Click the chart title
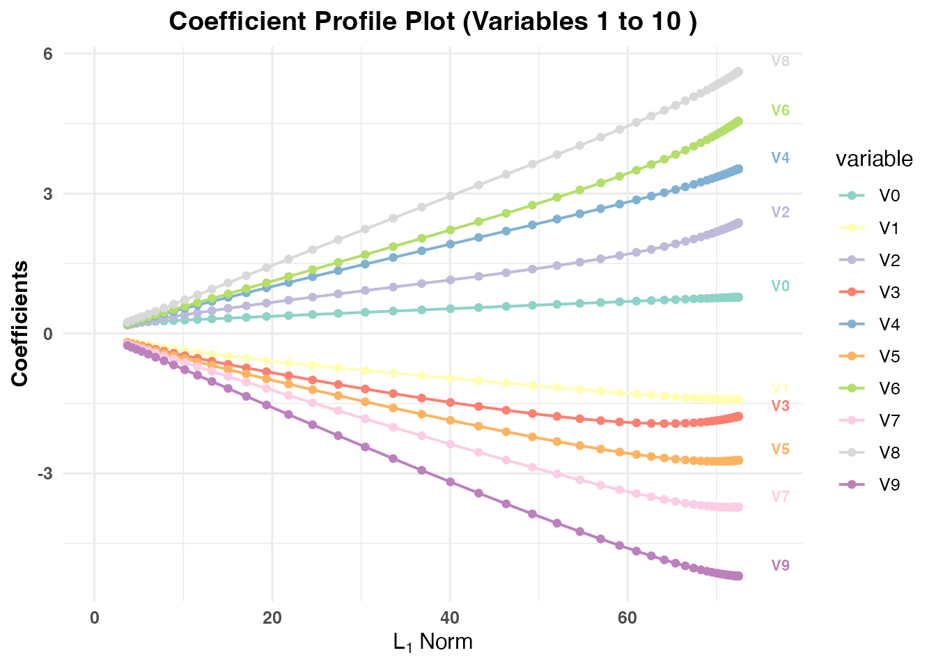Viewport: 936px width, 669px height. [x=432, y=22]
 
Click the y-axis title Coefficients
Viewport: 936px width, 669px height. [x=20, y=323]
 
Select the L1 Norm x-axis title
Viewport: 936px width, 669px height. [x=432, y=642]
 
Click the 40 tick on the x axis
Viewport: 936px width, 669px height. [x=450, y=617]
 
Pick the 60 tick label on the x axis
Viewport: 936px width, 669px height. [x=627, y=617]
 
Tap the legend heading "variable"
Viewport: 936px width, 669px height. [x=873, y=160]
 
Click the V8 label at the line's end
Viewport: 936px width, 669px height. [x=780, y=61]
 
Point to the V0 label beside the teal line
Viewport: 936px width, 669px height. [x=780, y=286]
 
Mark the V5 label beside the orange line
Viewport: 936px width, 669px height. [x=780, y=449]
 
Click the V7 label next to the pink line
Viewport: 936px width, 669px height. [x=780, y=497]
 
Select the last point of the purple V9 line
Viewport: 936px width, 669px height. [x=739, y=576]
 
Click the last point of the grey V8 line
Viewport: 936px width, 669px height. [x=739, y=72]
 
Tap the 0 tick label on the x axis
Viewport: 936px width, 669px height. [x=95, y=617]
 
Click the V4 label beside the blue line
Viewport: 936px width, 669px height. [x=780, y=158]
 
